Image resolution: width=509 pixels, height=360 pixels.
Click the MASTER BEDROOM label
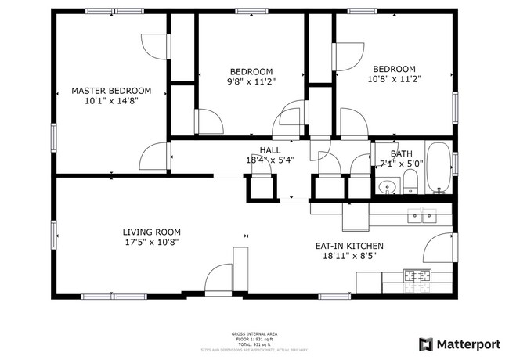111,91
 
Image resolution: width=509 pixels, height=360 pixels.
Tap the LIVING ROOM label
151,232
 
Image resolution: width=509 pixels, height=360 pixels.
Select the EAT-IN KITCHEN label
349,246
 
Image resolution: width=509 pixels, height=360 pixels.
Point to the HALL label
270,150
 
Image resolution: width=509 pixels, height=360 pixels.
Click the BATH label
390,154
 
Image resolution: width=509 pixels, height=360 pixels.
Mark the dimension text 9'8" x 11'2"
251,81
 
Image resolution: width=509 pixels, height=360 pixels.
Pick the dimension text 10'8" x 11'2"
394,78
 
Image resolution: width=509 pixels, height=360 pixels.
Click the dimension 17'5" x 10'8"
151,243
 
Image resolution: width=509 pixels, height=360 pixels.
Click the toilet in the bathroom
410,183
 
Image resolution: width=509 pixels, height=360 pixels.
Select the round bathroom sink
385,187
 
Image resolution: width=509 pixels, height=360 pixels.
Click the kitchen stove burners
417,275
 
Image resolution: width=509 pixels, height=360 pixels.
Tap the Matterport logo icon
426,344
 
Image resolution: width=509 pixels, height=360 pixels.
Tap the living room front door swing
218,280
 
